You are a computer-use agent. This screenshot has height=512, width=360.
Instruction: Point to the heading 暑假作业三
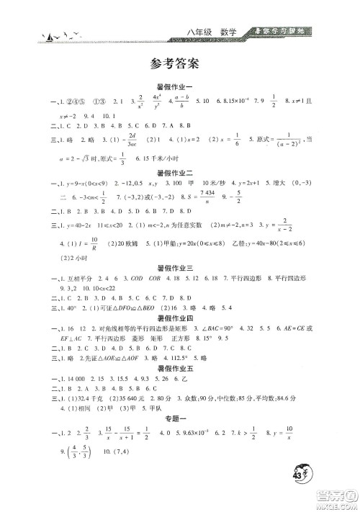click(180, 268)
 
